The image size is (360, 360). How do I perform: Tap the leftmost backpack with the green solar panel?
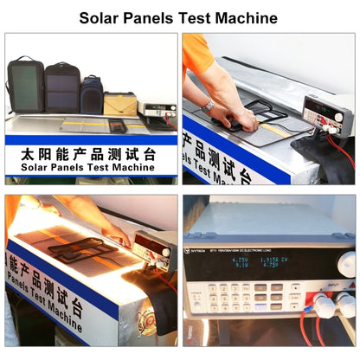click(x=25, y=85)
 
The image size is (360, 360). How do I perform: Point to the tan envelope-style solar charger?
click(x=120, y=103)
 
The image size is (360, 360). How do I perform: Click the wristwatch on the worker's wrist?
click(x=209, y=105)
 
